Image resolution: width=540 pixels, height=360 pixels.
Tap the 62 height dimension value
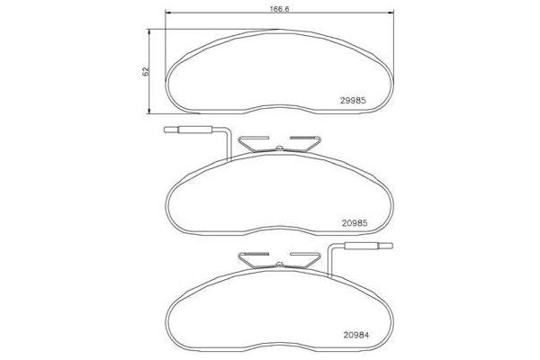coord(146,71)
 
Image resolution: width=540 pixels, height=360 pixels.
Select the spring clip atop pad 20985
coord(280,145)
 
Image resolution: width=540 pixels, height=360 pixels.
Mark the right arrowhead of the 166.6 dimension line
coord(391,11)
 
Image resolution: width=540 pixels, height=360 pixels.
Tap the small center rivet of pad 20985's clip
coord(280,147)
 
